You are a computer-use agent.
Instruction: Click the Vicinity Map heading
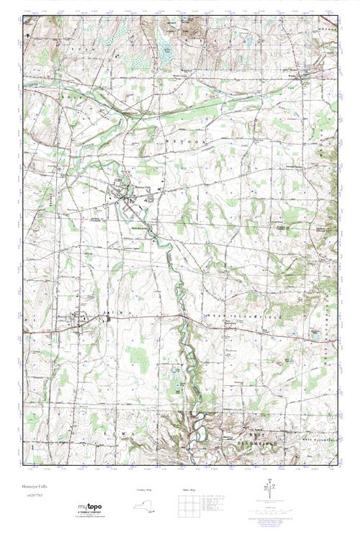point(145,490)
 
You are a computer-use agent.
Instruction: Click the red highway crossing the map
point(238,320)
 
